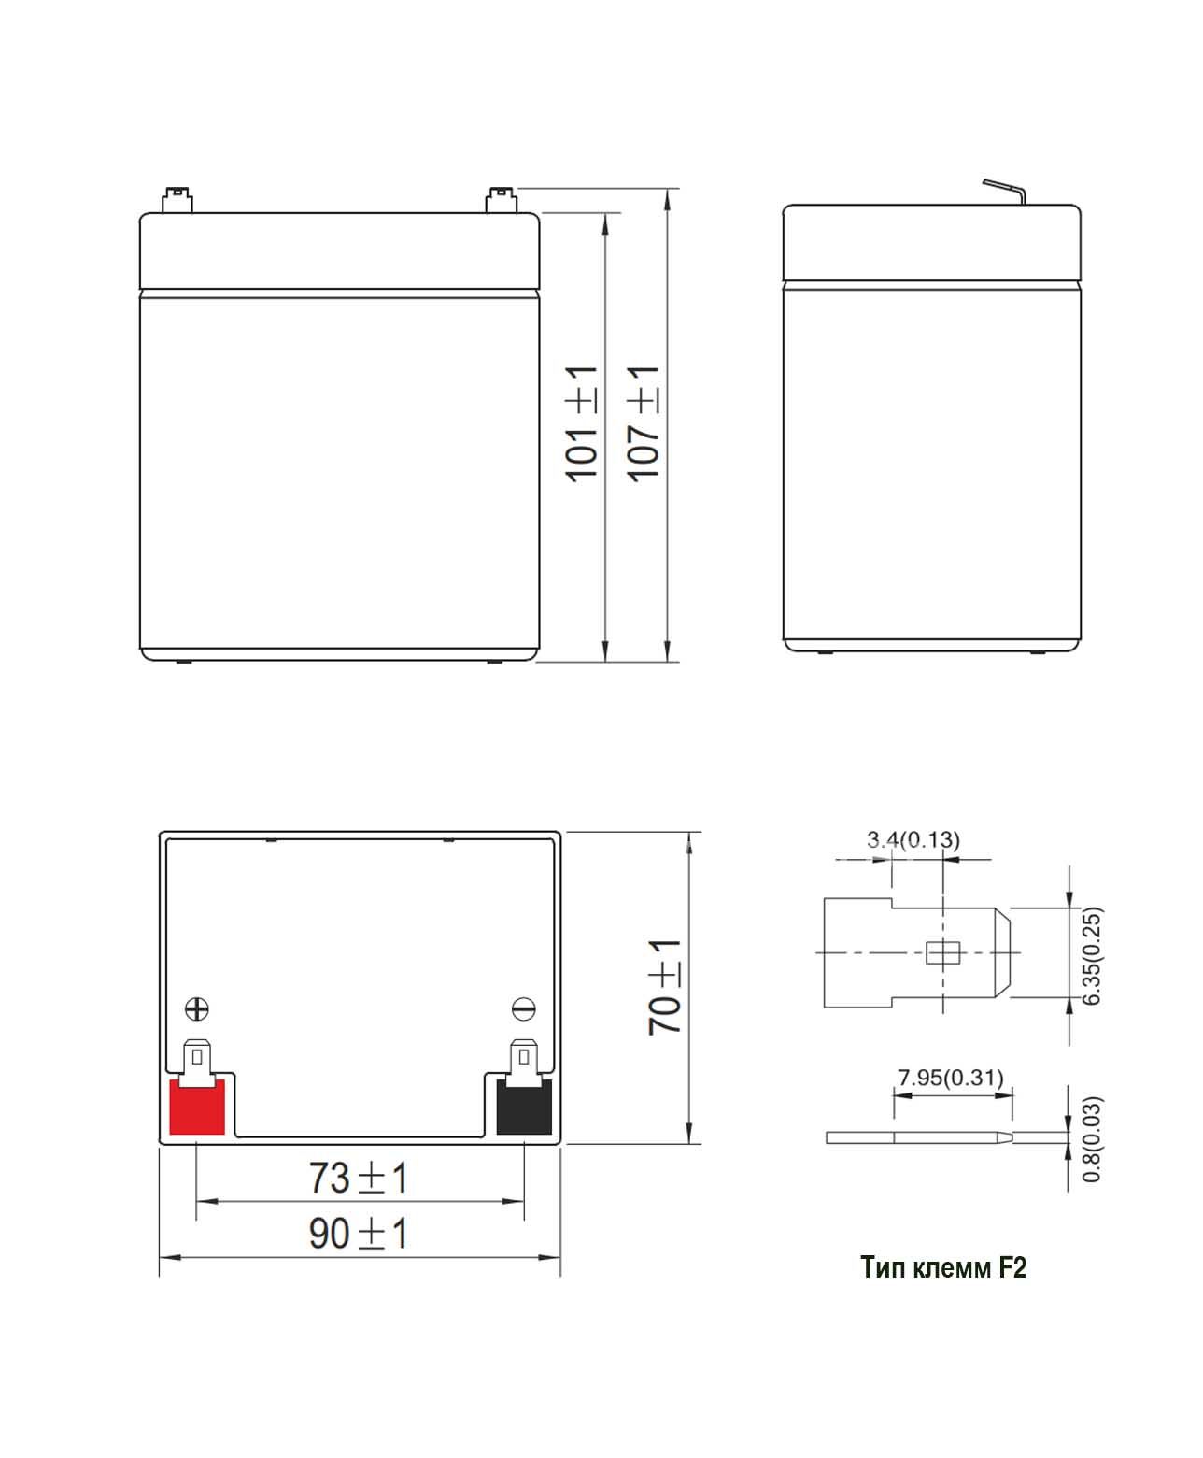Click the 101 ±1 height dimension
[x=581, y=423]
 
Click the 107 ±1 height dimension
[x=643, y=423]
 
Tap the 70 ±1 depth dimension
[x=664, y=987]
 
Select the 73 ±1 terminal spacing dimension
[x=359, y=1179]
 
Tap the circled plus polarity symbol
[x=197, y=1009]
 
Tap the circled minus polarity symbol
[x=523, y=1009]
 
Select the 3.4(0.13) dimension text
[x=913, y=839]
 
